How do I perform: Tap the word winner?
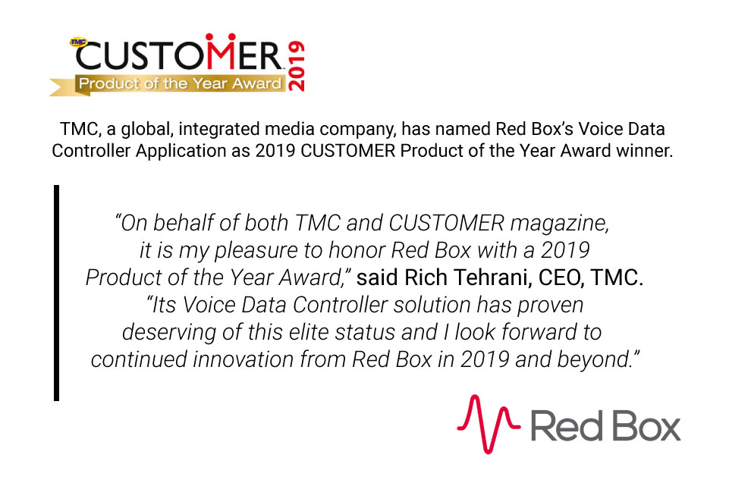click(643, 151)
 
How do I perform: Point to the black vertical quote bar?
click(56, 292)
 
